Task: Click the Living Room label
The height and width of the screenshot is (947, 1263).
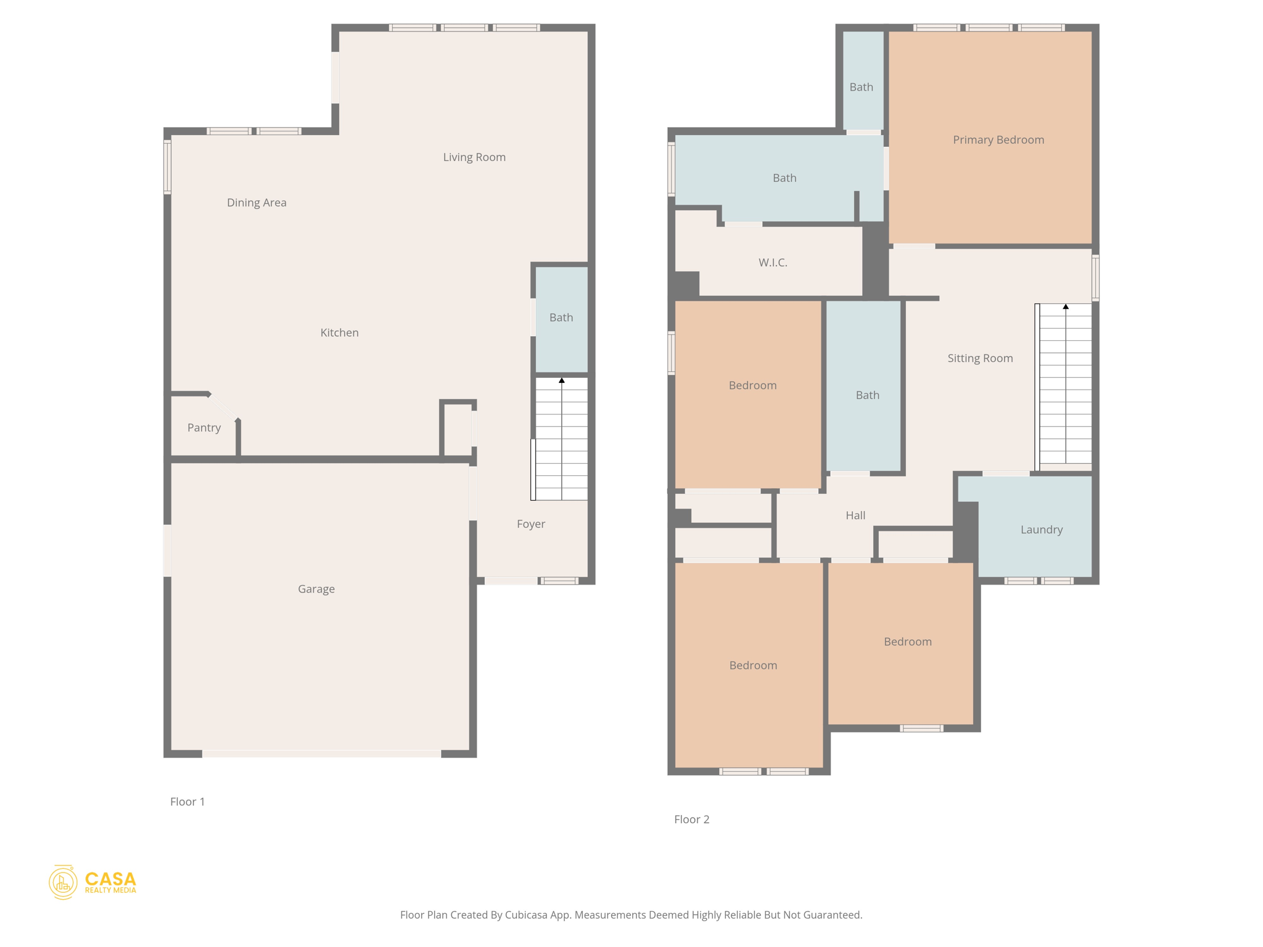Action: click(x=474, y=157)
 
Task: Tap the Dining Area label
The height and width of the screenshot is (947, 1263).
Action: click(x=257, y=203)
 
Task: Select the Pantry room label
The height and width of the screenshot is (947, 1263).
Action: click(x=204, y=428)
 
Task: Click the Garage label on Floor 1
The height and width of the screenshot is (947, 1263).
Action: click(x=316, y=589)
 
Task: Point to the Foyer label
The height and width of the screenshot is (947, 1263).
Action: click(x=531, y=524)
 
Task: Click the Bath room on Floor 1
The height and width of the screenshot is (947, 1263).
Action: click(x=561, y=318)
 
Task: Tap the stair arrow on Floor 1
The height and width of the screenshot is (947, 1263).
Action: click(x=562, y=381)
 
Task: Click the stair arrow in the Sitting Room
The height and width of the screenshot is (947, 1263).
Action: click(x=1066, y=306)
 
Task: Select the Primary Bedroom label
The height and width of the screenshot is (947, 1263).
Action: click(x=998, y=140)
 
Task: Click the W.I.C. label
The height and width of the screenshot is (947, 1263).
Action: click(x=773, y=263)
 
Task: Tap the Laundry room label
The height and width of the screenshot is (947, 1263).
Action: click(x=1042, y=530)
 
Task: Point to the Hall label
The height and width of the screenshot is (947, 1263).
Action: click(x=855, y=515)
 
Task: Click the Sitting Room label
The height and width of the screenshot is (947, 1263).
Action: click(x=980, y=358)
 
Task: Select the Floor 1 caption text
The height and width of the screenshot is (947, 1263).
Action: click(x=187, y=801)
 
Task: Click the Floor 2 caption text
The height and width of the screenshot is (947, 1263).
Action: click(x=691, y=819)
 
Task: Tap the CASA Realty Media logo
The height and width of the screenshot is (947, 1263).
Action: click(x=93, y=882)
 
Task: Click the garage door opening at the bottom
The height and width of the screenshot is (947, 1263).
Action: click(x=321, y=753)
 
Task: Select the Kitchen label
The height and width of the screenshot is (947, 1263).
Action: click(x=339, y=333)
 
